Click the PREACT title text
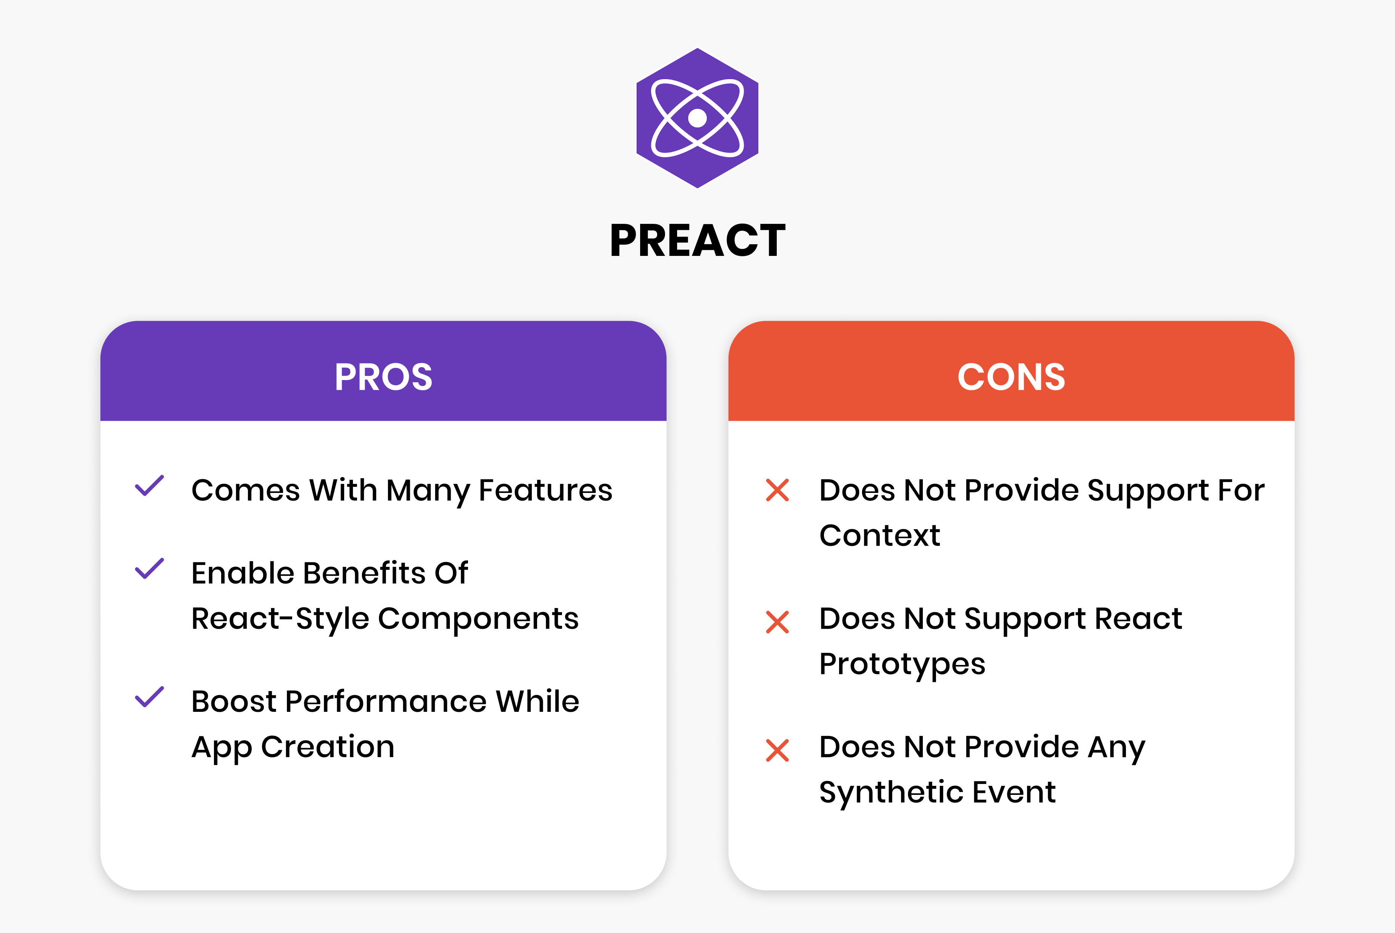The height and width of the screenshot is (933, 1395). [697, 240]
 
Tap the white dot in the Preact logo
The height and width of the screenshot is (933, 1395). [697, 118]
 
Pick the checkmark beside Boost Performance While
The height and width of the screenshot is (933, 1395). [149, 697]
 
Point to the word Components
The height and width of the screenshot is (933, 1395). [478, 619]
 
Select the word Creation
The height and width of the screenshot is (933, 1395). [328, 747]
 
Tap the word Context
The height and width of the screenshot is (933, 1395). [879, 536]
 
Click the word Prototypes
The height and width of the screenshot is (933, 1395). [902, 664]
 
